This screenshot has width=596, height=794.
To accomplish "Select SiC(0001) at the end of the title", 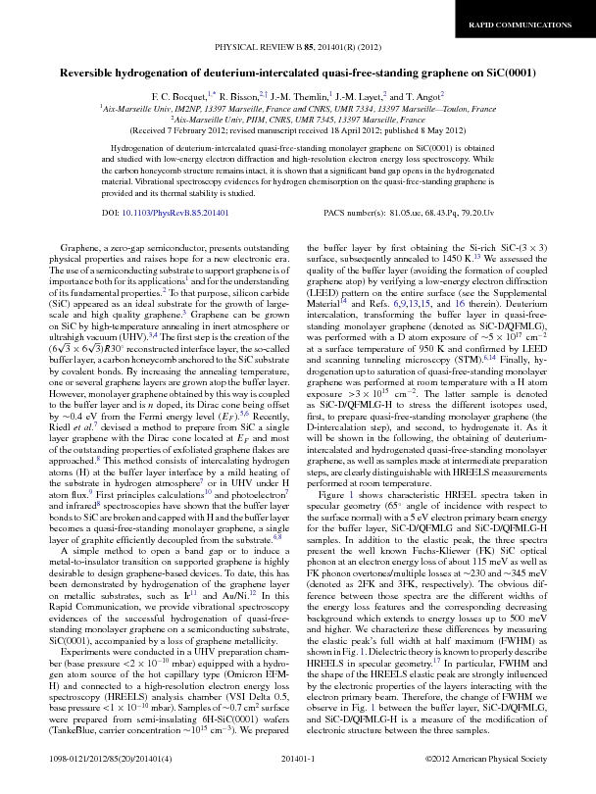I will [504, 73].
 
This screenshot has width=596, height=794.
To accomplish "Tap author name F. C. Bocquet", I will [178, 96].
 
